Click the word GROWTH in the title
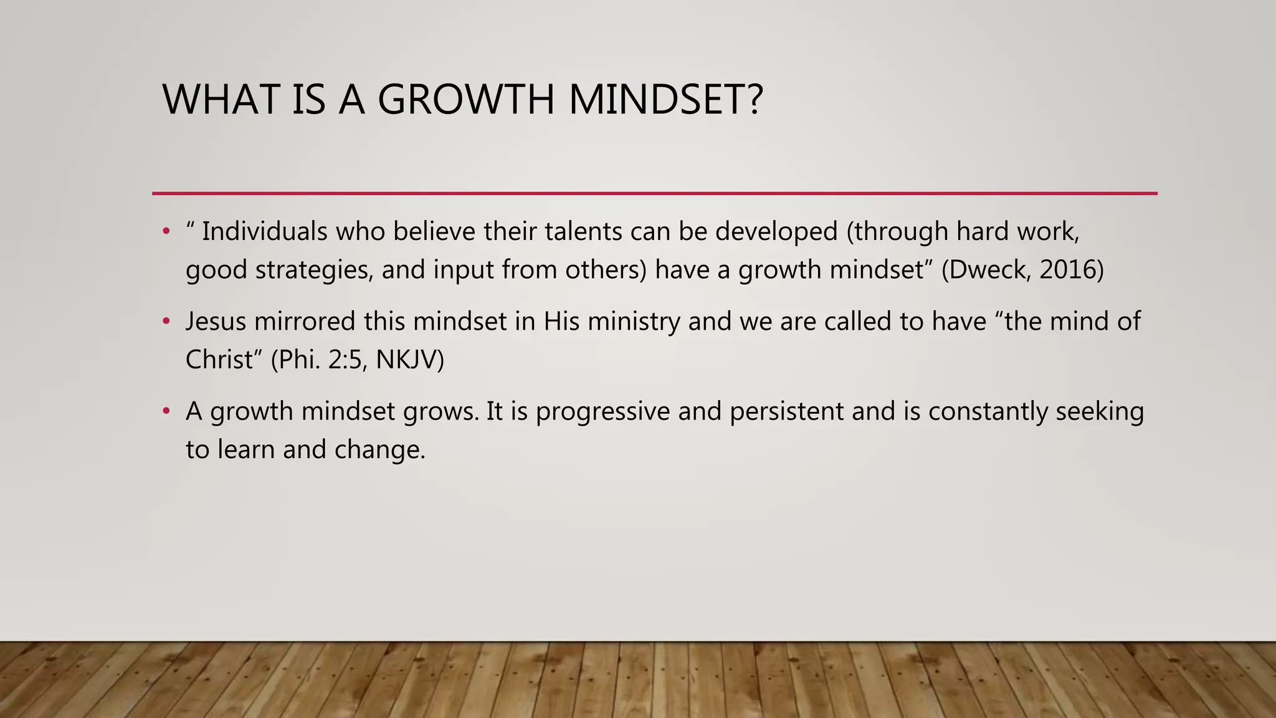465,100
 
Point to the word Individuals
264,232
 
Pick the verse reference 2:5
345,360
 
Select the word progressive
602,412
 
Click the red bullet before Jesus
166,322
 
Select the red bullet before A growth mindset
166,411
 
